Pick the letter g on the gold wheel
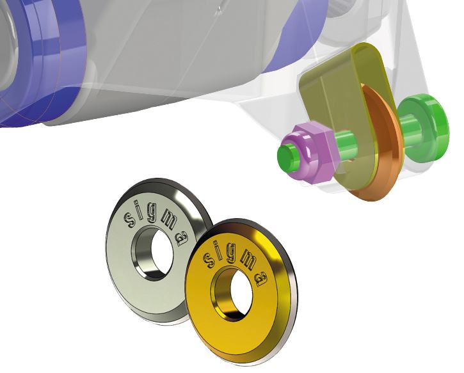(231, 254)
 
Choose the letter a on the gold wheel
(262, 279)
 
